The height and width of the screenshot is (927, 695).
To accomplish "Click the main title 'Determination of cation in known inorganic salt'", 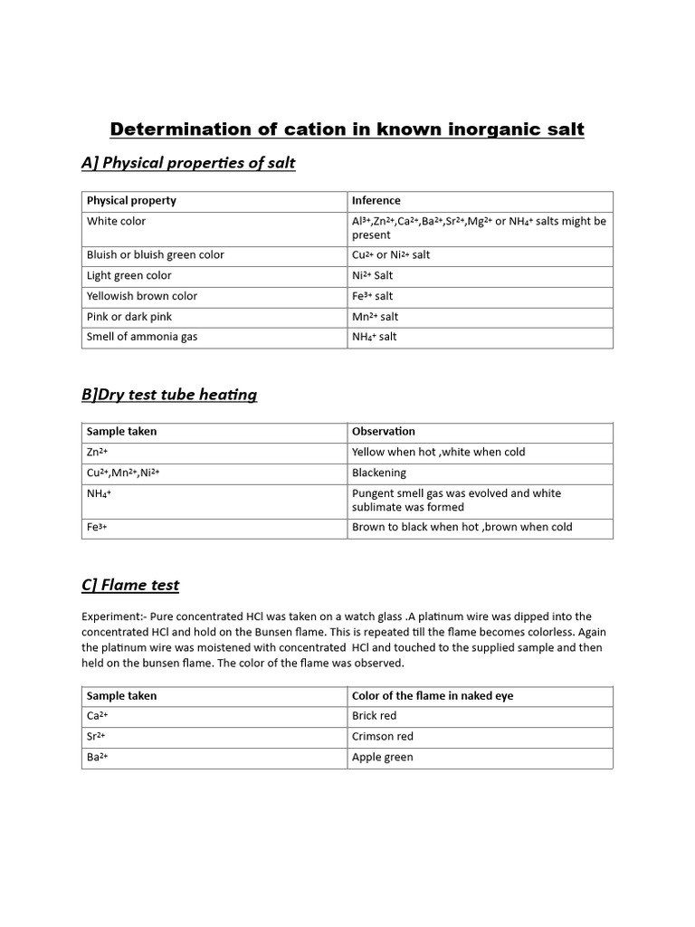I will coord(347,129).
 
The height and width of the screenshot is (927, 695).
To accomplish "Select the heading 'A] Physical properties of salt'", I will coord(188,163).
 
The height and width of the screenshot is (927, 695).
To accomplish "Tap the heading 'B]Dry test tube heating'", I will coord(169,394).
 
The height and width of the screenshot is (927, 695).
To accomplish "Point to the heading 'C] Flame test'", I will coord(130,585).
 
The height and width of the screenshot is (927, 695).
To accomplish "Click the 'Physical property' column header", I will coord(131,201).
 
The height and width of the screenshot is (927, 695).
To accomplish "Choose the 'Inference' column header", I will coord(376,201).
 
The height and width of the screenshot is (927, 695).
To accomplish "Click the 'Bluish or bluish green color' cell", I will coord(156,255).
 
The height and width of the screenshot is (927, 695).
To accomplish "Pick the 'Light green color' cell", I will coord(129,275).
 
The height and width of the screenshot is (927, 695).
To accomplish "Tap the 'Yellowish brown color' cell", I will coord(142,296).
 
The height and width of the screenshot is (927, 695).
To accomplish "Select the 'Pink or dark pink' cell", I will coord(129,317).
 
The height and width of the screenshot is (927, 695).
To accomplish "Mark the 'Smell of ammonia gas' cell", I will coord(142,337).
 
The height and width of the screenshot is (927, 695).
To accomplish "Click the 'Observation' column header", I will coord(384,432).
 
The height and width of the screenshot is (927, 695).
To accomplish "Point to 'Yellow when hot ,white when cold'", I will coord(439,452).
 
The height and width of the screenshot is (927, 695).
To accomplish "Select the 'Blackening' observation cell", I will coord(379,473).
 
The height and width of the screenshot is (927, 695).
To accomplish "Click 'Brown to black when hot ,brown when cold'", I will coord(462,527).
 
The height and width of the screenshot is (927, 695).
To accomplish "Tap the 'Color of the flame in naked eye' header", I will coord(433,696).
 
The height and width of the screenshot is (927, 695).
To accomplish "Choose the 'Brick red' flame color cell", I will coord(375,716).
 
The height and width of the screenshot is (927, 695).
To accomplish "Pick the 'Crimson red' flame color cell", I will coord(383,737).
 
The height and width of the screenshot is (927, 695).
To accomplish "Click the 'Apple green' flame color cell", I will coord(383,758).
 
